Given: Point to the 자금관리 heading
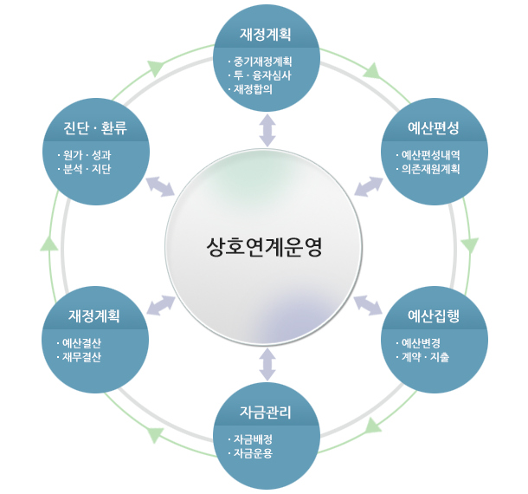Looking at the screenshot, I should point(265,411).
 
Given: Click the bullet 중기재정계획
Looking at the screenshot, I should point(262,62).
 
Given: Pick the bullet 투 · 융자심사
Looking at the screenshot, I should point(261,75).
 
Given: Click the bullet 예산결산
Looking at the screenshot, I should point(81,342).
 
